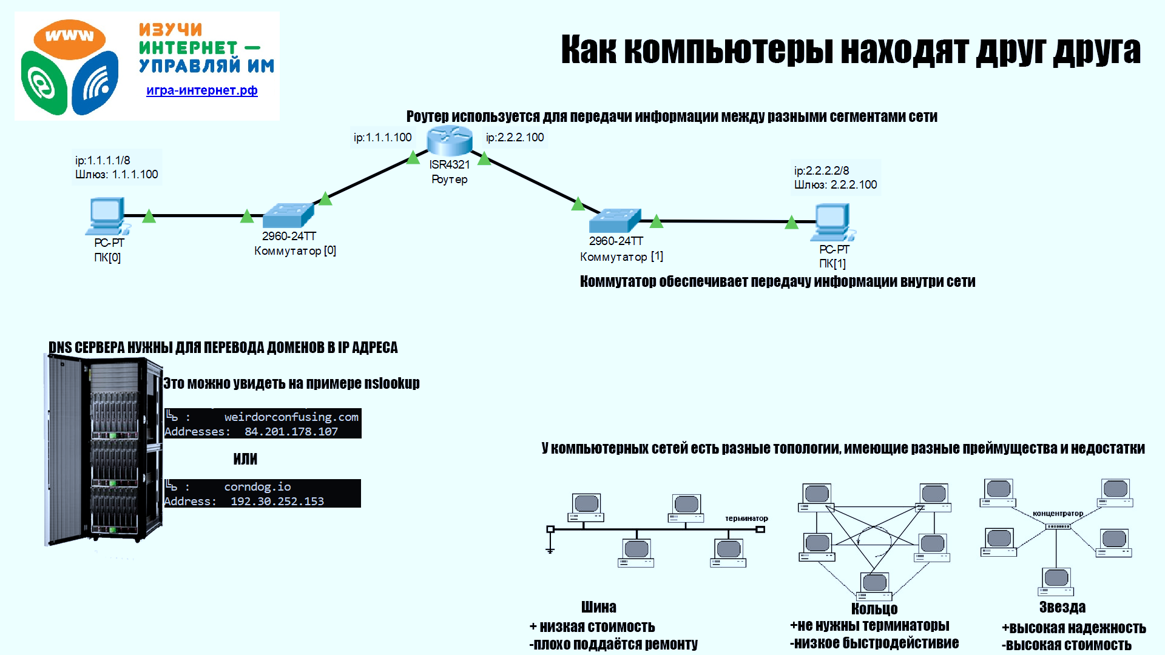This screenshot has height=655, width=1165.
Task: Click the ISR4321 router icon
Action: point(449,141)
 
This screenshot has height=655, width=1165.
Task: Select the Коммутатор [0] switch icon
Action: point(288,215)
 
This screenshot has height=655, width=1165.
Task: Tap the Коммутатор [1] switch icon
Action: point(615,220)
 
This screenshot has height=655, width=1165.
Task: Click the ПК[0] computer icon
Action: point(107,216)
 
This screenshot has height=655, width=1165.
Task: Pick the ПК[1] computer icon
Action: point(834,223)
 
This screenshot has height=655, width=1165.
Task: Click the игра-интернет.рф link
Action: point(201,90)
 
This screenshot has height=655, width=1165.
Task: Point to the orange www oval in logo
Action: point(69,38)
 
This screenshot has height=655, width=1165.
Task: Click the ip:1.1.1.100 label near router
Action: point(383,138)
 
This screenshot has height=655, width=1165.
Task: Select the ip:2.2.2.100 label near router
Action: point(515,138)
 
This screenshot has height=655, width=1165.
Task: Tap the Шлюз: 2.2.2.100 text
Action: point(836,185)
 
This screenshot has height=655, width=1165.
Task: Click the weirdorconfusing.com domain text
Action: point(291,417)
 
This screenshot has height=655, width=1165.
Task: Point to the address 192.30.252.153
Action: point(277,502)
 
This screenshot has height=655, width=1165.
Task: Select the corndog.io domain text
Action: point(257,487)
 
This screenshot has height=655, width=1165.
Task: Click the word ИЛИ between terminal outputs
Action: point(245,459)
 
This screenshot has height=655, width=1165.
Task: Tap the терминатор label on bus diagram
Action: point(746,519)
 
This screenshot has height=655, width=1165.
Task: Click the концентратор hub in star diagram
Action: point(1058,526)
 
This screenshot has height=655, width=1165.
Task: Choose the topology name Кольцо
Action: point(874,609)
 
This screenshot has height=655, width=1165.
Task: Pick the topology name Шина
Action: point(598,607)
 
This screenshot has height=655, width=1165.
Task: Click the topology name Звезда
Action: point(1062,608)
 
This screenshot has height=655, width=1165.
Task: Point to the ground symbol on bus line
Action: point(550,549)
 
